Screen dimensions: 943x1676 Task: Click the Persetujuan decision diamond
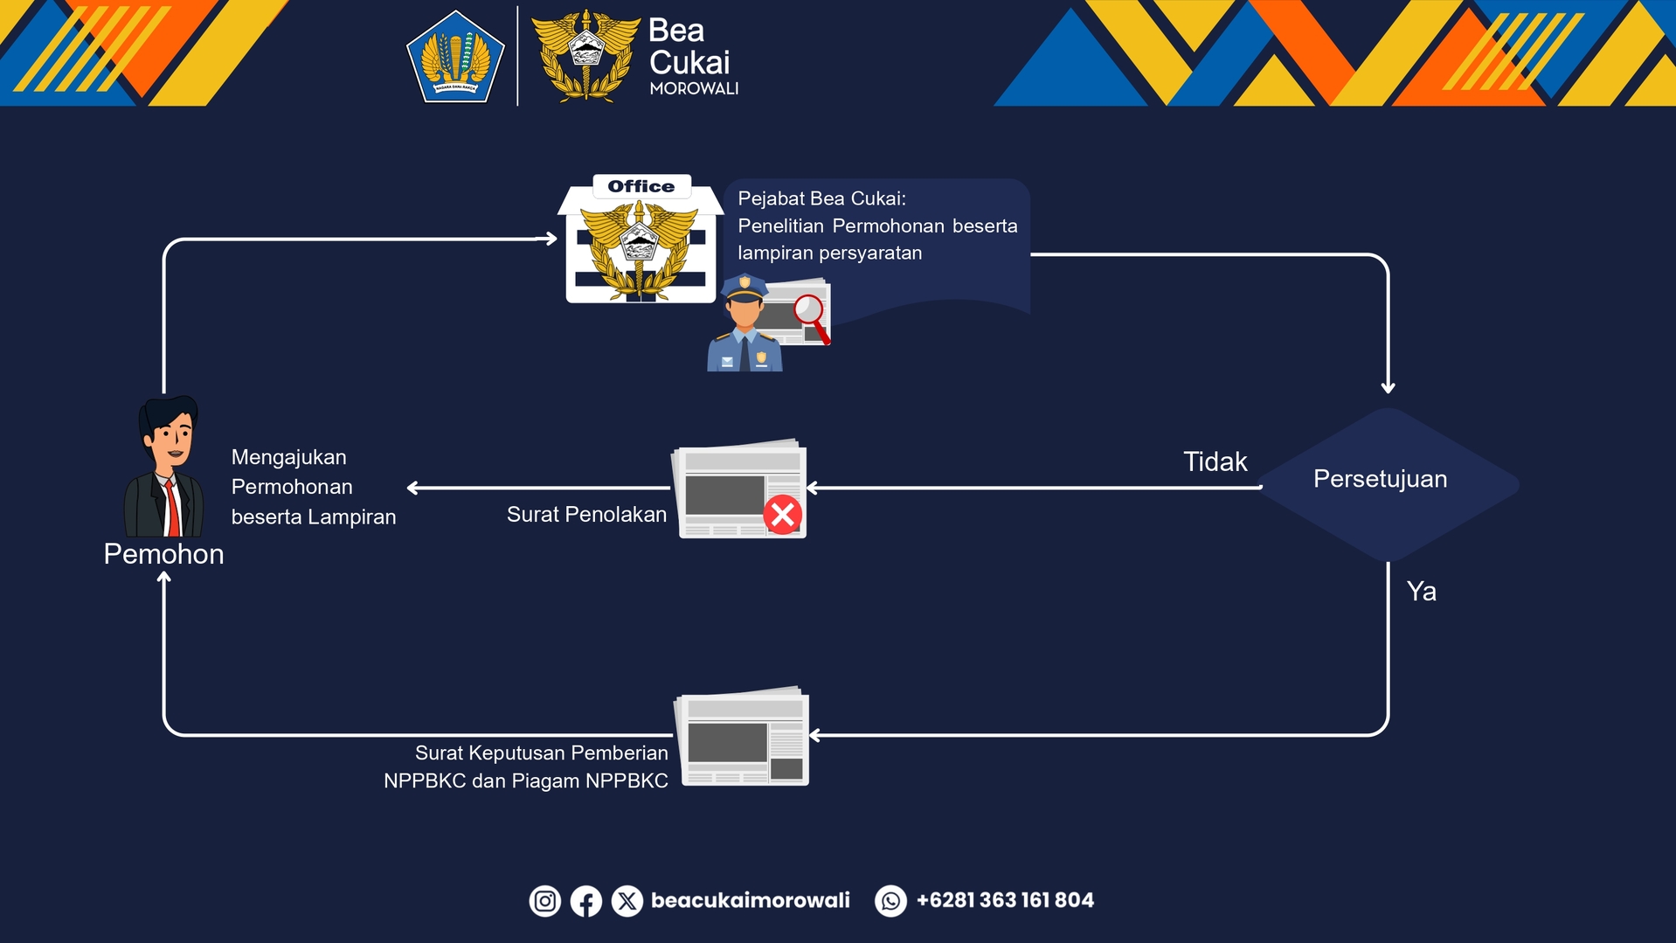pos(1388,483)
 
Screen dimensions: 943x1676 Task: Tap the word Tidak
pos(1215,461)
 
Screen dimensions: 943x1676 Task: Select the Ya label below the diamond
pos(1421,592)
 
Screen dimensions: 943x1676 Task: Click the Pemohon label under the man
pos(163,554)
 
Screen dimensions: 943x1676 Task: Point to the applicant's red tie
pos(172,508)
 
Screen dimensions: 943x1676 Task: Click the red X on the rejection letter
pos(782,514)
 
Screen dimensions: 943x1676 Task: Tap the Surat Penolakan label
pos(586,514)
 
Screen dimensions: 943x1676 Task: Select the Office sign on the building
pos(641,186)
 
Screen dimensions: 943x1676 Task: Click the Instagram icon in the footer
pos(544,901)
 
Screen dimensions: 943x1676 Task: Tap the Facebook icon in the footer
pos(585,901)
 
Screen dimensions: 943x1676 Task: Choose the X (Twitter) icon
pos(627,901)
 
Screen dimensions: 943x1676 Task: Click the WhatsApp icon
pos(890,901)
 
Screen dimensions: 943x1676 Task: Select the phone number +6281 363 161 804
pos(1005,900)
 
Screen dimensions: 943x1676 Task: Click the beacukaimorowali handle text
pos(750,900)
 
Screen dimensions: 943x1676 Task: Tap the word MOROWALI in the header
pos(694,89)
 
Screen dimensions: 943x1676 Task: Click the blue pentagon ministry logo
pos(455,57)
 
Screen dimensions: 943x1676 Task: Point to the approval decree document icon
pos(744,737)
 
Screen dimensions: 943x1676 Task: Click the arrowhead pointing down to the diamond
pos(1388,387)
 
